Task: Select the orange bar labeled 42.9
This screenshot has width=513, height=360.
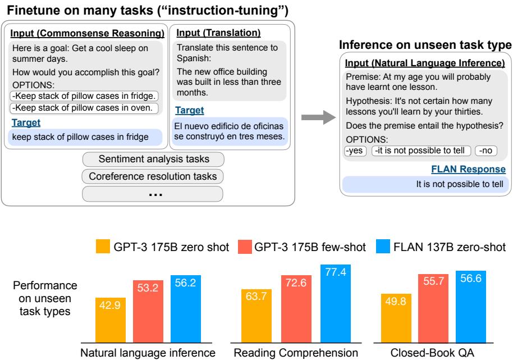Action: (x=111, y=318)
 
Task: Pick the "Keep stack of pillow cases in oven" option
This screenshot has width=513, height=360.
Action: (x=85, y=107)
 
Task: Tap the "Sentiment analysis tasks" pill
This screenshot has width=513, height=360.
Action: (x=152, y=160)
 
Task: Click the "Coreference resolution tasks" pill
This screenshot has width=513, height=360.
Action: (x=152, y=176)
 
